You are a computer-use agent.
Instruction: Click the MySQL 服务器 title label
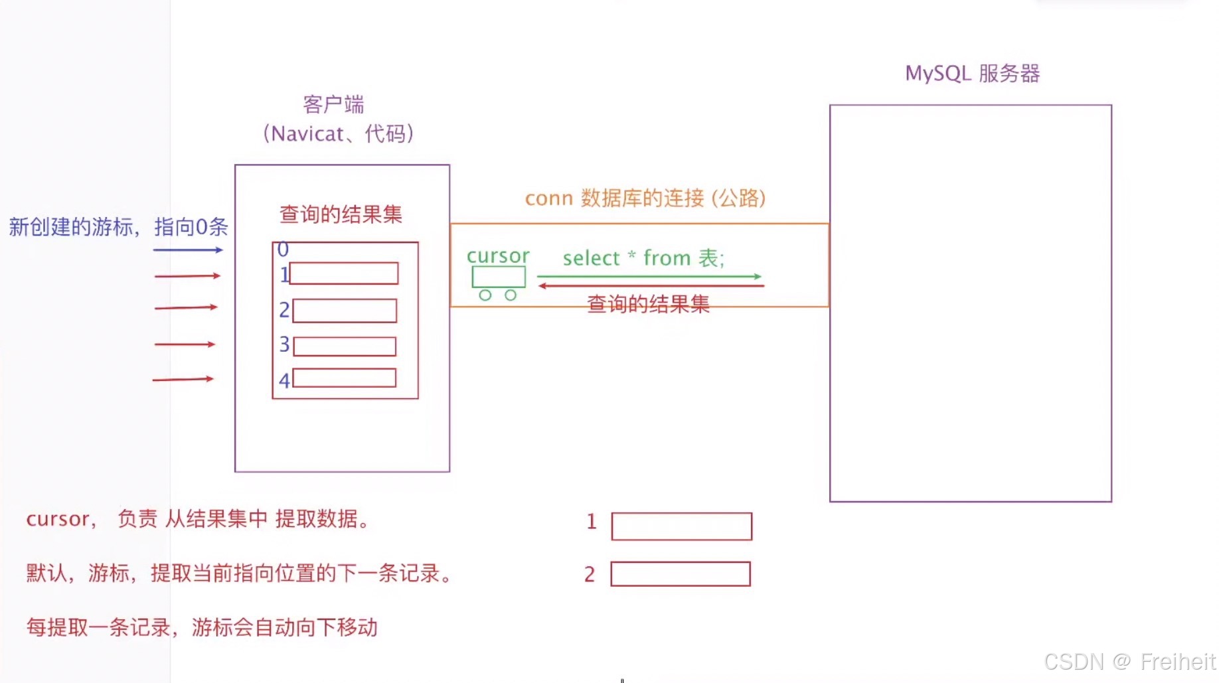click(x=972, y=73)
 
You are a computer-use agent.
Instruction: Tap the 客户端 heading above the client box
click(x=333, y=104)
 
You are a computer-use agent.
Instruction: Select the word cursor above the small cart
click(x=498, y=256)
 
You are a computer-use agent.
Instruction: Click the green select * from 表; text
click(x=643, y=258)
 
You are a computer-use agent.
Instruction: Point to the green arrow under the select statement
click(x=649, y=276)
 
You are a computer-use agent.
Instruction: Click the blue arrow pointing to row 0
click(x=188, y=250)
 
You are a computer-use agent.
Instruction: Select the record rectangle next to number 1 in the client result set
click(x=344, y=273)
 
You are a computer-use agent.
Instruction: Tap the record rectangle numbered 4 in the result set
click(x=344, y=378)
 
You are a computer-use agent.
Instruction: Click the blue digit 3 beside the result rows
click(x=284, y=344)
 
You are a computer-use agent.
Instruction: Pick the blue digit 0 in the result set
click(x=283, y=250)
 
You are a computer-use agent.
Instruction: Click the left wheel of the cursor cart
click(x=485, y=295)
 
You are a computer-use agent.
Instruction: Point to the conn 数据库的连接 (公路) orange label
click(x=645, y=198)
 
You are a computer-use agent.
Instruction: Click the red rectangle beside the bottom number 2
click(x=681, y=574)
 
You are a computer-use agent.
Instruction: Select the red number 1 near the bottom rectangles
click(x=592, y=522)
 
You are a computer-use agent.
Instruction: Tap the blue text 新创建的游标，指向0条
click(x=118, y=227)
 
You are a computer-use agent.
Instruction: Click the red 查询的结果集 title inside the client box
click(x=341, y=214)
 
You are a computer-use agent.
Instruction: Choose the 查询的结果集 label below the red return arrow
click(x=648, y=304)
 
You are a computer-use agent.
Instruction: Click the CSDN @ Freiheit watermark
click(x=1129, y=662)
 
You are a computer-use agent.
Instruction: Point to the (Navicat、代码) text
click(x=339, y=133)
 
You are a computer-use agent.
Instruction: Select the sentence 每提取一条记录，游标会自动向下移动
click(x=202, y=627)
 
